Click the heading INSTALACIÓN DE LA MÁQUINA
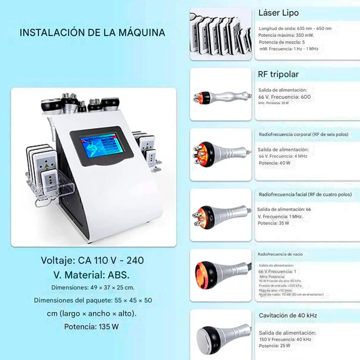point(92,33)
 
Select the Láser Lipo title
point(278,13)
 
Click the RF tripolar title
point(278,74)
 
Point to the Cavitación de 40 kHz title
point(288,315)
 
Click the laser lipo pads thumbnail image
point(221,34)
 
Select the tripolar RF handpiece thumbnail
point(221,97)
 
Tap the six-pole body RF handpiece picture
point(221,154)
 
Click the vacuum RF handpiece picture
point(221,275)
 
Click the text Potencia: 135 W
point(91,327)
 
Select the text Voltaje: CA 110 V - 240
point(92,260)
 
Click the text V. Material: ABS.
point(91,275)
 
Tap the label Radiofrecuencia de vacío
point(280,254)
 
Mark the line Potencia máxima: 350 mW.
point(286,35)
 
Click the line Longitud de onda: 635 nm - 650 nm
point(295,29)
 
